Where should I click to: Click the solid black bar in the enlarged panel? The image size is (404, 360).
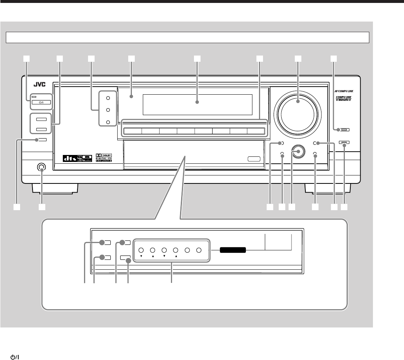(x=233, y=250)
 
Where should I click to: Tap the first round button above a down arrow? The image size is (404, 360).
(x=141, y=250)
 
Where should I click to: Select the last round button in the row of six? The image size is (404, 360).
(x=199, y=250)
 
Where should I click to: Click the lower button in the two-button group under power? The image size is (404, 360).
(x=41, y=129)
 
